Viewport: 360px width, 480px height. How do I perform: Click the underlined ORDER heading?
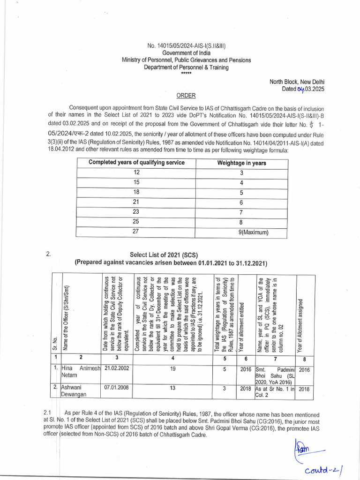(x=186, y=96)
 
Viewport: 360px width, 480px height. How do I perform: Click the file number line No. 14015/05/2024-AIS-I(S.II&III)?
(x=186, y=45)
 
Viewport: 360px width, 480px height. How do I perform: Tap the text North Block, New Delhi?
(x=297, y=82)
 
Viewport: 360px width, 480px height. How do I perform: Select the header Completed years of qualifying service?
(x=137, y=163)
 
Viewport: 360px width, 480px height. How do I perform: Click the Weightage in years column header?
(x=241, y=163)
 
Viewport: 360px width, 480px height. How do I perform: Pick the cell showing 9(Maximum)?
(x=254, y=232)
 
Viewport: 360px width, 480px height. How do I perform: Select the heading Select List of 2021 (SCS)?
(x=171, y=255)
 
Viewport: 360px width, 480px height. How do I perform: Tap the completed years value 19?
(x=172, y=369)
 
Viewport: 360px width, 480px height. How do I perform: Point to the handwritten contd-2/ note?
(x=323, y=469)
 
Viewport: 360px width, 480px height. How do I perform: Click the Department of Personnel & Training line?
(x=186, y=67)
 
